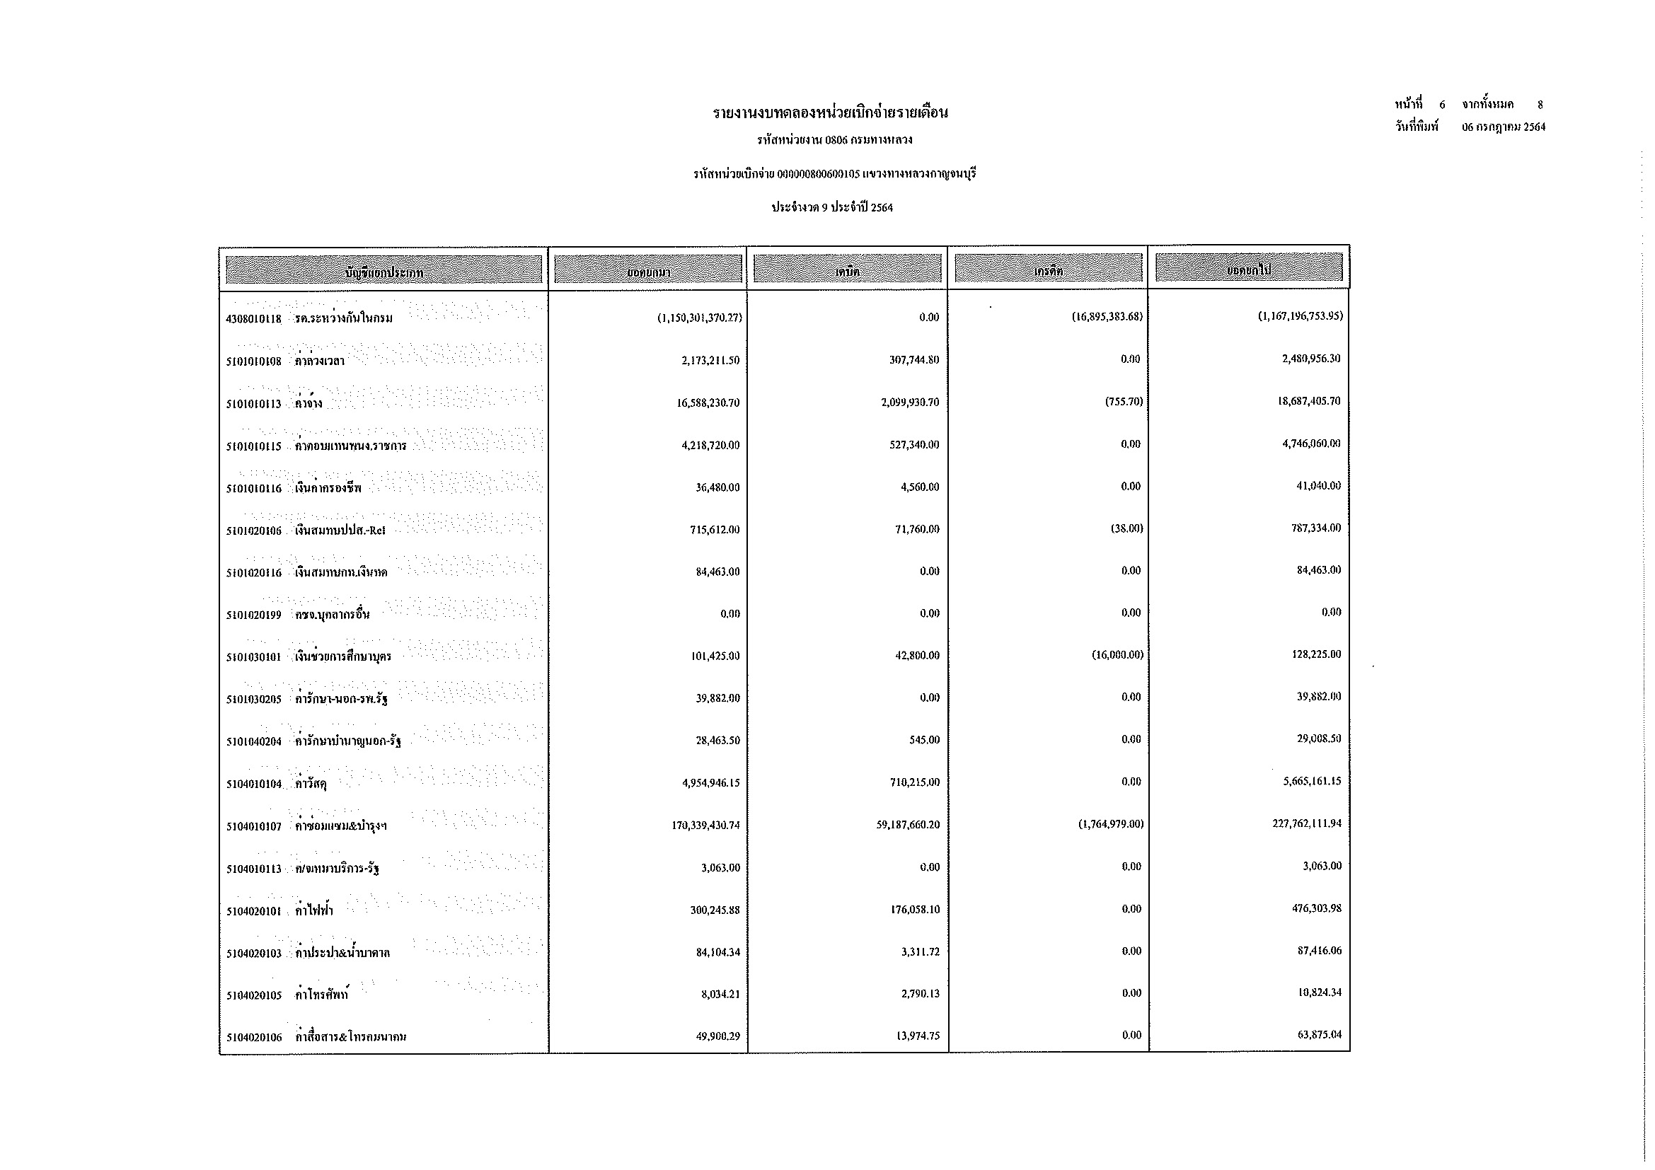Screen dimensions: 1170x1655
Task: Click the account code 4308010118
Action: point(253,318)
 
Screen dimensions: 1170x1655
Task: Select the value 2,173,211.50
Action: point(710,360)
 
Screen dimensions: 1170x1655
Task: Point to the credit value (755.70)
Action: point(1124,401)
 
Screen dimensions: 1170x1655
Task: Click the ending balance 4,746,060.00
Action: point(1310,443)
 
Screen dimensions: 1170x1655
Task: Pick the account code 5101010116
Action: point(253,489)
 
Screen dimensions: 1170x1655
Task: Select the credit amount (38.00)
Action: point(1126,528)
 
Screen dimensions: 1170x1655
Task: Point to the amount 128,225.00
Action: point(1315,654)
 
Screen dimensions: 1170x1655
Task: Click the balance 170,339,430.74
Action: point(705,825)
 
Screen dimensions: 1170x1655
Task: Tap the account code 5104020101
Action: point(253,911)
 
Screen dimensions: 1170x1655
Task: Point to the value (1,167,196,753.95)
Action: point(1300,315)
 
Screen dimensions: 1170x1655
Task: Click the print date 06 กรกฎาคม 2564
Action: point(1504,127)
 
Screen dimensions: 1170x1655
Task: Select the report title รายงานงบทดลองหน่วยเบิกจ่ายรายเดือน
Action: point(831,112)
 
